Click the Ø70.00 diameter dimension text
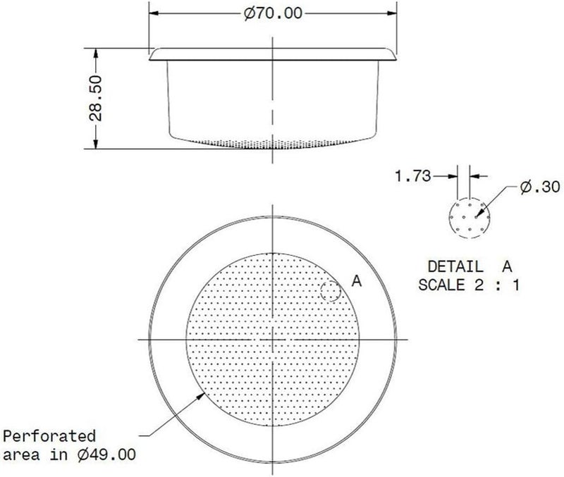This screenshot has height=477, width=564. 271,15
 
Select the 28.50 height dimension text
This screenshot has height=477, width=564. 96,99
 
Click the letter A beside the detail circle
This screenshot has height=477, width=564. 356,281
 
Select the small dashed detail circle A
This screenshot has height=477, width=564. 330,290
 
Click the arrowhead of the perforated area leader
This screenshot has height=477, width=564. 201,394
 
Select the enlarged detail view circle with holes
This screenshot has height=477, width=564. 466,218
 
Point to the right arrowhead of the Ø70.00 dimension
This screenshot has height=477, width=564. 389,14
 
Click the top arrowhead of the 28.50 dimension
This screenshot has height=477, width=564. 96,52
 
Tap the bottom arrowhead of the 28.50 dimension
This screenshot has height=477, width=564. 96,145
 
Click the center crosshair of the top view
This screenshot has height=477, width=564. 271,340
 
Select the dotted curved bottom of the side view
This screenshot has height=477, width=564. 271,144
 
